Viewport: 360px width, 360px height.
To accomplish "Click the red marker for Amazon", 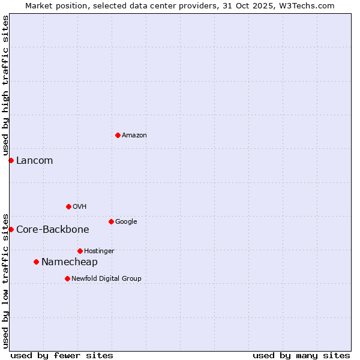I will point(118,135).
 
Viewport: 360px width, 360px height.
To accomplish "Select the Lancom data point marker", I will point(11,160).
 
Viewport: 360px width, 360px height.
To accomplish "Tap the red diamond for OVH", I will point(68,206).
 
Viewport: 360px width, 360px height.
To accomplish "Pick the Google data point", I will point(111,221).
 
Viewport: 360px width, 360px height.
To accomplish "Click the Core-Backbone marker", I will point(11,229).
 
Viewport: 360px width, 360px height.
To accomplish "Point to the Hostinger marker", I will point(80,251).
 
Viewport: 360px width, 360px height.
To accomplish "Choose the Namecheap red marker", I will point(36,262).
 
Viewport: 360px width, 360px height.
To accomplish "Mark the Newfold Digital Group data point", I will point(67,278).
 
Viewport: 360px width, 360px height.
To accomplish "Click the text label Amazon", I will point(134,136).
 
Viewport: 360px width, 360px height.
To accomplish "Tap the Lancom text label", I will point(34,161).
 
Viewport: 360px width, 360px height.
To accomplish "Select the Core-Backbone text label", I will point(52,230).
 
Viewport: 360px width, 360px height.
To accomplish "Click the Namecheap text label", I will point(69,262).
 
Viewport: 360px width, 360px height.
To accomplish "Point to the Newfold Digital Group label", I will point(106,278).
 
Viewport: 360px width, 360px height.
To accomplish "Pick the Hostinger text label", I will point(99,251).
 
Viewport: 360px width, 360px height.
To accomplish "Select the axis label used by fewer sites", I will point(62,355).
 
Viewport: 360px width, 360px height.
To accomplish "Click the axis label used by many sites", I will point(301,355).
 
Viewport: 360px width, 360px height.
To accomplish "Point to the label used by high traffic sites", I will point(5,85).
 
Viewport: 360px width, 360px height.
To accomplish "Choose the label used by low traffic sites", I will point(5,280).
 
